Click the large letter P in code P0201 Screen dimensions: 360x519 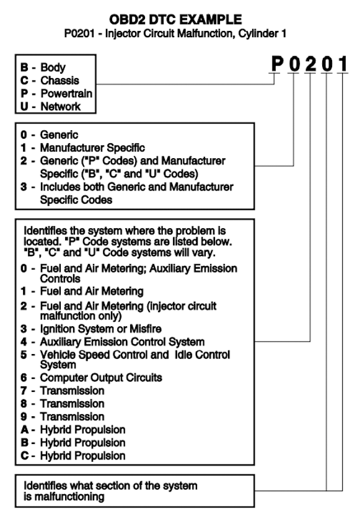point(277,63)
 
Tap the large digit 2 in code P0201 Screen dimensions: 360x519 point(310,63)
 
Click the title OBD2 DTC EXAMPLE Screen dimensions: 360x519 point(176,19)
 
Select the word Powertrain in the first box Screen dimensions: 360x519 point(66,94)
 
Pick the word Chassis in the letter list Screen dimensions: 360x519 point(60,81)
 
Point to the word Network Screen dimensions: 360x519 point(61,107)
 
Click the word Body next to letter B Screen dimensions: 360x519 point(53,68)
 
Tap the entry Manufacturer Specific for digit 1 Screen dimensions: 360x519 point(92,148)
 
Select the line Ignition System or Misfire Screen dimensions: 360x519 point(100,329)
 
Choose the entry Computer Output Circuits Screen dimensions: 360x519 point(101,378)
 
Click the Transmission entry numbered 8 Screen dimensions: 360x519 point(72,404)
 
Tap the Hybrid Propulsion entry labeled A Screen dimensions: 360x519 point(83,430)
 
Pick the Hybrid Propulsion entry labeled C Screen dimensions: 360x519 point(83,456)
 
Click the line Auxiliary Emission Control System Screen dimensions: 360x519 point(122,342)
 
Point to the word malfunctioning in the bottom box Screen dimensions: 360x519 point(69,497)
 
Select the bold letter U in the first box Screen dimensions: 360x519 point(24,107)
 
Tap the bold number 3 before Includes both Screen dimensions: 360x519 point(24,187)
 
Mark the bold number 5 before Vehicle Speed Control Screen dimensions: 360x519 point(24,355)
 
